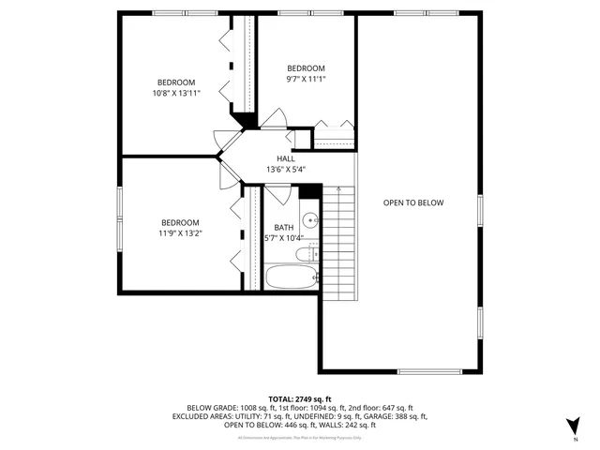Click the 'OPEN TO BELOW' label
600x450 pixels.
[x=412, y=202]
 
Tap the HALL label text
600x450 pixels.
[x=286, y=158]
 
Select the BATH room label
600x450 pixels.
[x=284, y=228]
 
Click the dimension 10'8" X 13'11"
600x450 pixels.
[x=176, y=93]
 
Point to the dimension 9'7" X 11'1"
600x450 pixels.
[x=306, y=80]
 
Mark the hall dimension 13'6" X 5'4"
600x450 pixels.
[x=286, y=170]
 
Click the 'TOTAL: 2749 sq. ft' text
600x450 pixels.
[x=299, y=399]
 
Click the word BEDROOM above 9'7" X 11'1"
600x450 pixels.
[x=306, y=68]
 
